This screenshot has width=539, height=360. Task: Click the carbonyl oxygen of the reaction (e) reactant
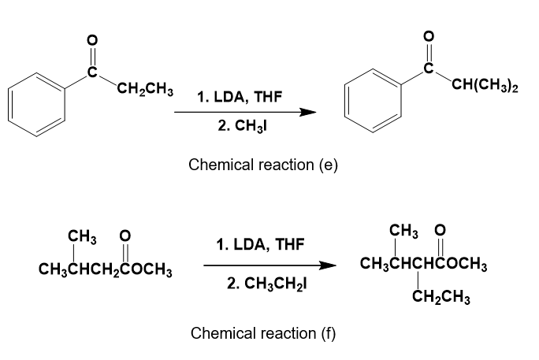pos(91,39)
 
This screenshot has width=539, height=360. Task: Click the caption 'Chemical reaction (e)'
pos(263,165)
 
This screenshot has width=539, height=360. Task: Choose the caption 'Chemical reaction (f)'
pos(263,332)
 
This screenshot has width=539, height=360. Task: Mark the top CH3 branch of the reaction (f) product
pos(403,231)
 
